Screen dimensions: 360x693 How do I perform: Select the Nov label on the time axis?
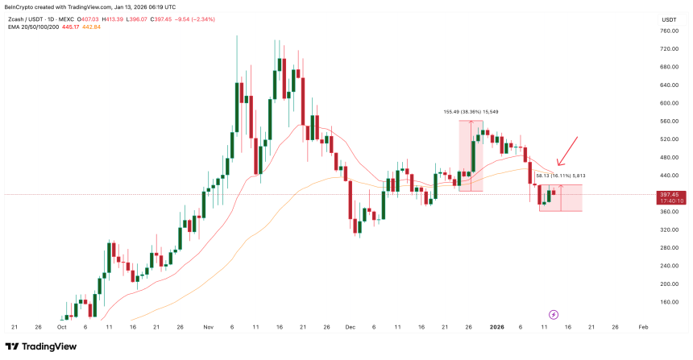[x=208, y=328]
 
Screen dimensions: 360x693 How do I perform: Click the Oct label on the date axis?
[x=62, y=328]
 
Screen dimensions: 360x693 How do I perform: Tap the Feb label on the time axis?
[x=642, y=328]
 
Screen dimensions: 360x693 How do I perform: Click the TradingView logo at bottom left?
[x=48, y=347]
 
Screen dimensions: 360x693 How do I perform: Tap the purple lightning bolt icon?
[x=554, y=314]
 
